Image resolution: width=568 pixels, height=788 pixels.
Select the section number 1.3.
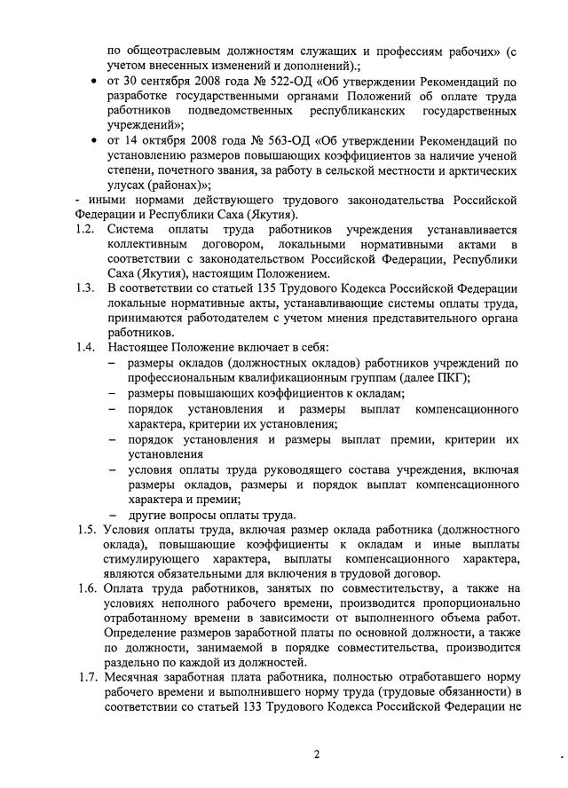[85, 288]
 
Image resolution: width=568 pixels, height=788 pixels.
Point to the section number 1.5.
[86, 531]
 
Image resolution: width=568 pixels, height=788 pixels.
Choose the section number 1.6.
[86, 588]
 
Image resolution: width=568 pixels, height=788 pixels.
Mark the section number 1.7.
[86, 677]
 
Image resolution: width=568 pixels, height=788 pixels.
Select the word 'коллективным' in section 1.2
[146, 243]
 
